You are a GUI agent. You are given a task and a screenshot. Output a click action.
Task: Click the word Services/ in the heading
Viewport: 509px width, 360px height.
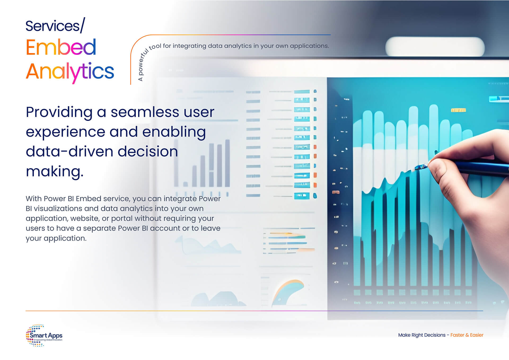point(55,26)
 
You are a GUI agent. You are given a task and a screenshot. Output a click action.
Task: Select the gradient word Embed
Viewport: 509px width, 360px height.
point(61,47)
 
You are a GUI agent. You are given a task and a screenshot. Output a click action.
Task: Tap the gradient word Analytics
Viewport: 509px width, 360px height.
point(70,72)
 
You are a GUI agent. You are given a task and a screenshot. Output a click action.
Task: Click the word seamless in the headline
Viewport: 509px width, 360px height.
point(144,112)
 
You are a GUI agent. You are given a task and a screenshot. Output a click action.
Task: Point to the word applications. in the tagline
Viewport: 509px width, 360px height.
point(309,46)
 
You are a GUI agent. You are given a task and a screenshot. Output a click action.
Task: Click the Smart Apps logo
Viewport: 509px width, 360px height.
point(44,335)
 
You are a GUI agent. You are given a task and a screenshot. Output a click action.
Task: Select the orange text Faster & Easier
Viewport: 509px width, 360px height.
point(467,335)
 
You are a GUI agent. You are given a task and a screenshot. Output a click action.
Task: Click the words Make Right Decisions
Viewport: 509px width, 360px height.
point(422,335)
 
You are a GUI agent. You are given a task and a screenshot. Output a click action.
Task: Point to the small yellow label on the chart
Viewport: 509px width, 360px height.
point(458,110)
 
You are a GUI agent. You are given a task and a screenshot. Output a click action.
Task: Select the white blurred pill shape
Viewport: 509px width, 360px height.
point(435,47)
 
